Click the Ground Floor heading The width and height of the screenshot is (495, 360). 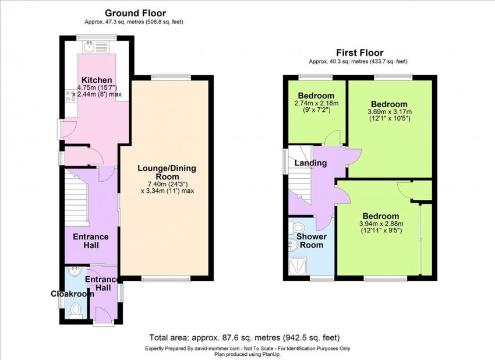135,13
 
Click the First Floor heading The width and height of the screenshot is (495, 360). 359,52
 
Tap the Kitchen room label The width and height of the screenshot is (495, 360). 97,80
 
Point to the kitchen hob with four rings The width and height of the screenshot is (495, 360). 70,96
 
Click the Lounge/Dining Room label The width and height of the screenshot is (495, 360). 167,172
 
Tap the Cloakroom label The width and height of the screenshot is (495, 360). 73,294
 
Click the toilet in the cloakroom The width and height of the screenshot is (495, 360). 76,309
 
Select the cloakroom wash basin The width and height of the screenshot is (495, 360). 75,271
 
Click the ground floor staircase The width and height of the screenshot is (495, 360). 76,196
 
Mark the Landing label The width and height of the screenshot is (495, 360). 310,163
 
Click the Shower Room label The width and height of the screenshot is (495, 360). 312,241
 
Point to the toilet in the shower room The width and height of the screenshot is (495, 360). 297,227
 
